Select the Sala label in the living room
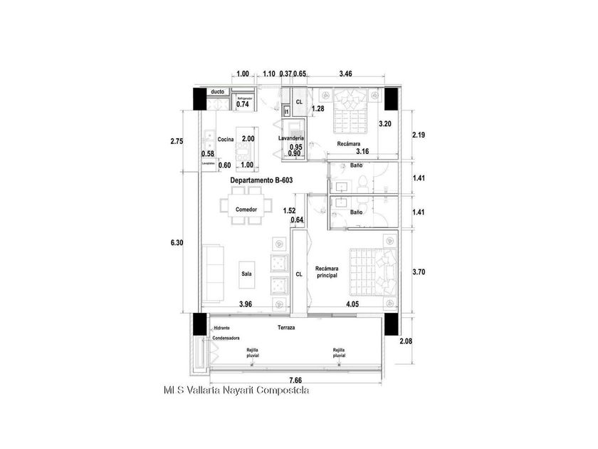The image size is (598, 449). [x=246, y=273]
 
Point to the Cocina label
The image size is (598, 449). [x=226, y=139]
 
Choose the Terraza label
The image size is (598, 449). [x=287, y=328]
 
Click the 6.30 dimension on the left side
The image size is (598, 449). [x=177, y=243]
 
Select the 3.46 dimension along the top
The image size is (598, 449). [x=346, y=73]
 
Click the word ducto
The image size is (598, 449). [x=218, y=92]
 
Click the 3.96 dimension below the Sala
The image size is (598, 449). [x=246, y=304]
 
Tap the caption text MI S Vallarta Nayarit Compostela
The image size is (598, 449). [x=236, y=391]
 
